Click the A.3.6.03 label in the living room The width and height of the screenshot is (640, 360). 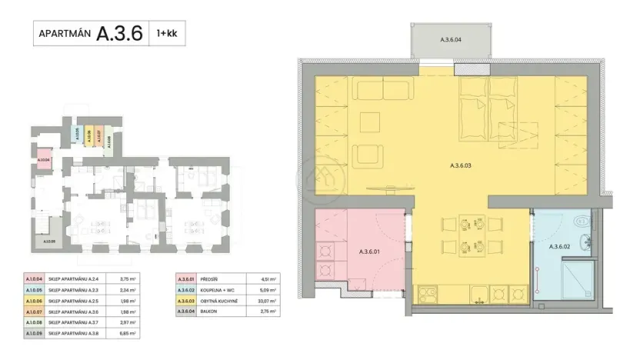(x=460, y=165)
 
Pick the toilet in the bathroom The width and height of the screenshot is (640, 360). (x=582, y=225)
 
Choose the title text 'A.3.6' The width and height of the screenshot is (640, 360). (x=119, y=34)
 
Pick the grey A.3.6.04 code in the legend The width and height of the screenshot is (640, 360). (x=184, y=312)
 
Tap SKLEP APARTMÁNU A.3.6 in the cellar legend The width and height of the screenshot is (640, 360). (x=75, y=312)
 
